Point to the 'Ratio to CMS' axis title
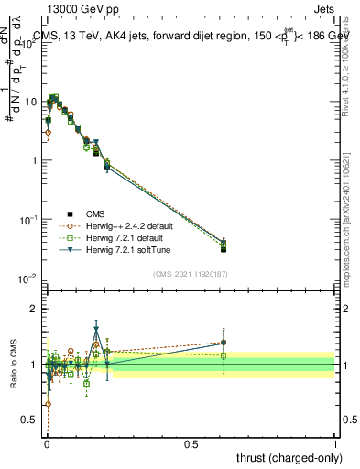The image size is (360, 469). point(14,365)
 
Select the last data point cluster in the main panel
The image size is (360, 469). point(224,245)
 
